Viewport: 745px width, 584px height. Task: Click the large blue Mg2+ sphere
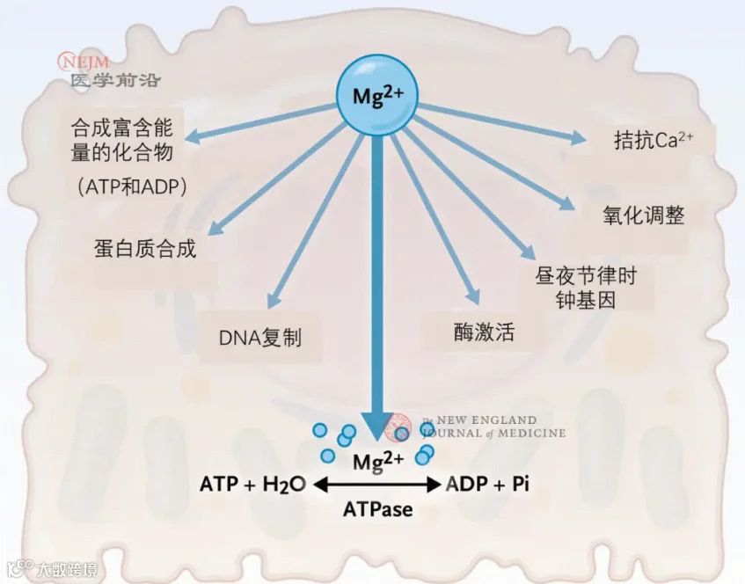click(377, 95)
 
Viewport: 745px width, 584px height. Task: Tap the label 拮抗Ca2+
click(654, 140)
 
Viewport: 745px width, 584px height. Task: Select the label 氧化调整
click(643, 215)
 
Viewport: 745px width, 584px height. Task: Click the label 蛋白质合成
click(145, 249)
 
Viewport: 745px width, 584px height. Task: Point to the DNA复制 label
click(259, 338)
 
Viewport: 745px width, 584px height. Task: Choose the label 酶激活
click(484, 332)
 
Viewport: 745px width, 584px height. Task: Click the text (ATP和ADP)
click(133, 186)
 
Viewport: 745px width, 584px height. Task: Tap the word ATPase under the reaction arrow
click(377, 509)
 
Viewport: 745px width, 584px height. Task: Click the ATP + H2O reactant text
click(252, 485)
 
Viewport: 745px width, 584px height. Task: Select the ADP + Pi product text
click(487, 484)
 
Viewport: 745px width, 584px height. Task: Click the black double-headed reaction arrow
click(377, 485)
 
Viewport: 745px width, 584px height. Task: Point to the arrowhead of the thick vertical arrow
click(377, 426)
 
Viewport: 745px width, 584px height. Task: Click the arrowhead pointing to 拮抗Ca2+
click(578, 137)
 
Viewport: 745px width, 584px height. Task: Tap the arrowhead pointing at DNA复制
click(274, 300)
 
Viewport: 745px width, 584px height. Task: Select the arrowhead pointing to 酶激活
click(472, 296)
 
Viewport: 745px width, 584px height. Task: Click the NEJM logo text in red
click(84, 62)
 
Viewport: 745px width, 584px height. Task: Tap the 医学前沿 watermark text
click(115, 80)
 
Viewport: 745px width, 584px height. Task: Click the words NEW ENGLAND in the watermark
click(486, 420)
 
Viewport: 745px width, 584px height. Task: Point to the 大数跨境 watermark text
click(67, 569)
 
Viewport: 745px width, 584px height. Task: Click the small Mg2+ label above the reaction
click(377, 461)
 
